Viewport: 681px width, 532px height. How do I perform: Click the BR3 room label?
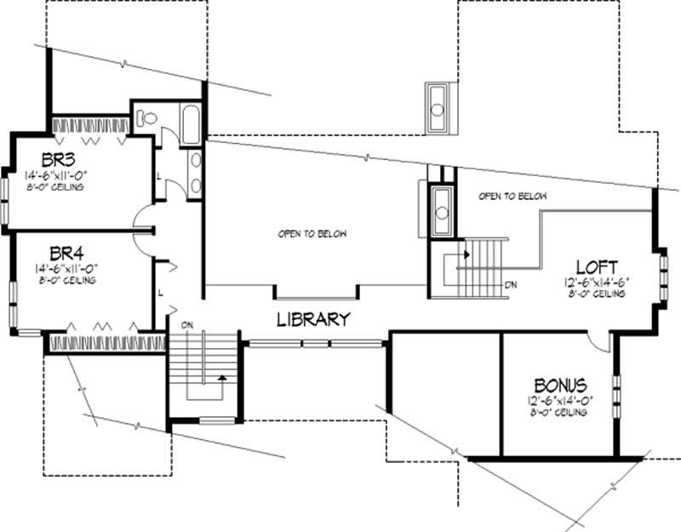(x=62, y=158)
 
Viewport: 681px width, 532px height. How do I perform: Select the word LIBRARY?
(x=314, y=320)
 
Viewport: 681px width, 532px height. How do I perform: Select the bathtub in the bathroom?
(x=190, y=125)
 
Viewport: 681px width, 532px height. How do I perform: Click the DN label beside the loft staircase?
(x=509, y=285)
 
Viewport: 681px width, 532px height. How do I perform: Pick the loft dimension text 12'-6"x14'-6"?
(x=596, y=281)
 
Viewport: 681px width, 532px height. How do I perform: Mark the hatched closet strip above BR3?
(x=91, y=124)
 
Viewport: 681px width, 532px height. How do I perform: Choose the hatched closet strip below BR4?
(x=106, y=342)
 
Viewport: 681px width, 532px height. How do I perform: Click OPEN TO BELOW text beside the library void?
(x=312, y=232)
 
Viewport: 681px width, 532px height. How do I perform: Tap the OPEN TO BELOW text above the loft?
(x=512, y=196)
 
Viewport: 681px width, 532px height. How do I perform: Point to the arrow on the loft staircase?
(x=466, y=253)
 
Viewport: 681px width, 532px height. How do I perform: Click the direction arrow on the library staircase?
(x=222, y=377)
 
